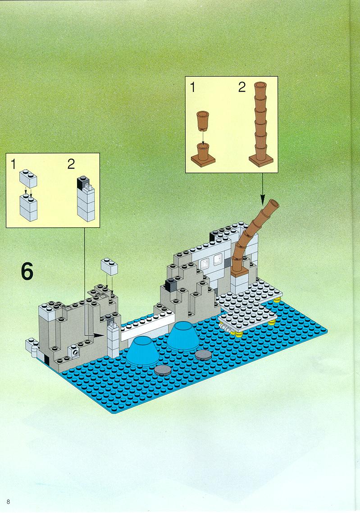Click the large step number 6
click(27, 271)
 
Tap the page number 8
click(8, 502)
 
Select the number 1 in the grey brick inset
click(13, 164)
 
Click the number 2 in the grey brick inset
click(71, 164)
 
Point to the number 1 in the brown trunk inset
click(192, 87)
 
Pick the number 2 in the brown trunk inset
click(242, 87)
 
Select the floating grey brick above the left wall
click(109, 266)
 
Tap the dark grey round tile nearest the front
click(163, 371)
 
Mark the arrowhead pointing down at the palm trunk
click(263, 199)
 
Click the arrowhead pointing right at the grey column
click(101, 335)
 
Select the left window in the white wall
click(205, 263)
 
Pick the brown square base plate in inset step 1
click(203, 160)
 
